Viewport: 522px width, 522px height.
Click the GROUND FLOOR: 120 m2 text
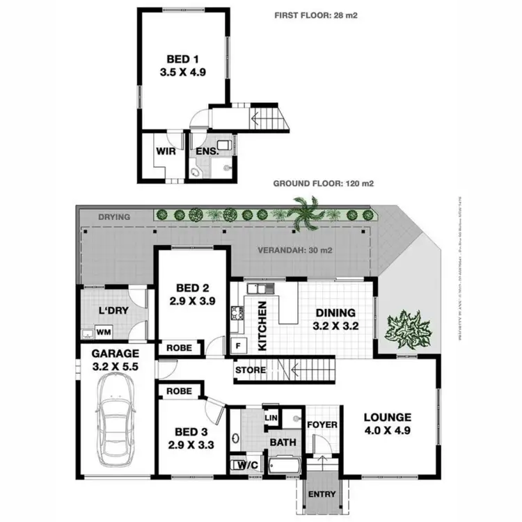click(324, 184)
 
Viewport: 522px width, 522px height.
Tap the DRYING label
click(113, 217)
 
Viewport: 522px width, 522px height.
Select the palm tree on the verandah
click(306, 212)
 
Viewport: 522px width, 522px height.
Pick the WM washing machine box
click(104, 333)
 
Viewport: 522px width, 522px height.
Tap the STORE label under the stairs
click(251, 370)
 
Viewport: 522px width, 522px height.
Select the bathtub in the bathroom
click(285, 465)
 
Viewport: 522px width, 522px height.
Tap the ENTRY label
click(321, 496)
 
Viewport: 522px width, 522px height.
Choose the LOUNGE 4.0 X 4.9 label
click(388, 425)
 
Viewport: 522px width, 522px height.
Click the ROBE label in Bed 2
click(179, 347)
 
